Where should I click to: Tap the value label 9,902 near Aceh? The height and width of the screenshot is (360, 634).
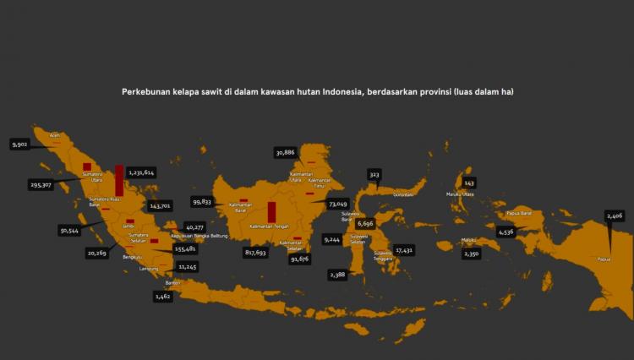[x=20, y=145]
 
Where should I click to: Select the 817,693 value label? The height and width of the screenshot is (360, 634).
[x=255, y=252]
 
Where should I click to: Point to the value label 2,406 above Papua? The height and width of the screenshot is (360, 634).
[x=615, y=216]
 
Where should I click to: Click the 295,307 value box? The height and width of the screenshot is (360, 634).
[x=41, y=184]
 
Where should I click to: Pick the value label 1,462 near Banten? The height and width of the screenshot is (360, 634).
[x=162, y=297]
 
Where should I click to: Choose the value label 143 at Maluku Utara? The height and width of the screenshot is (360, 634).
[x=469, y=183]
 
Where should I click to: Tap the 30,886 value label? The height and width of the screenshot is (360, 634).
[x=285, y=152]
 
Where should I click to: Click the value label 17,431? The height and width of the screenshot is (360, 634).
[x=404, y=250]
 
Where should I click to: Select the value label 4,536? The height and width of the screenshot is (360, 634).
[x=506, y=232]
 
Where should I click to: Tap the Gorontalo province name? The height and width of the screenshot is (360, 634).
[x=403, y=194]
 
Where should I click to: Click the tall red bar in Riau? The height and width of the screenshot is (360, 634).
[x=119, y=180]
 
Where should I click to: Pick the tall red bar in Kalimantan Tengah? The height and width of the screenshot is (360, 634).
[x=272, y=211]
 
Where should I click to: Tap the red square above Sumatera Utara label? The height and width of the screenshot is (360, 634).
[x=87, y=166]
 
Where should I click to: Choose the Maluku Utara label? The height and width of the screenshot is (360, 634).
[x=460, y=194]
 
